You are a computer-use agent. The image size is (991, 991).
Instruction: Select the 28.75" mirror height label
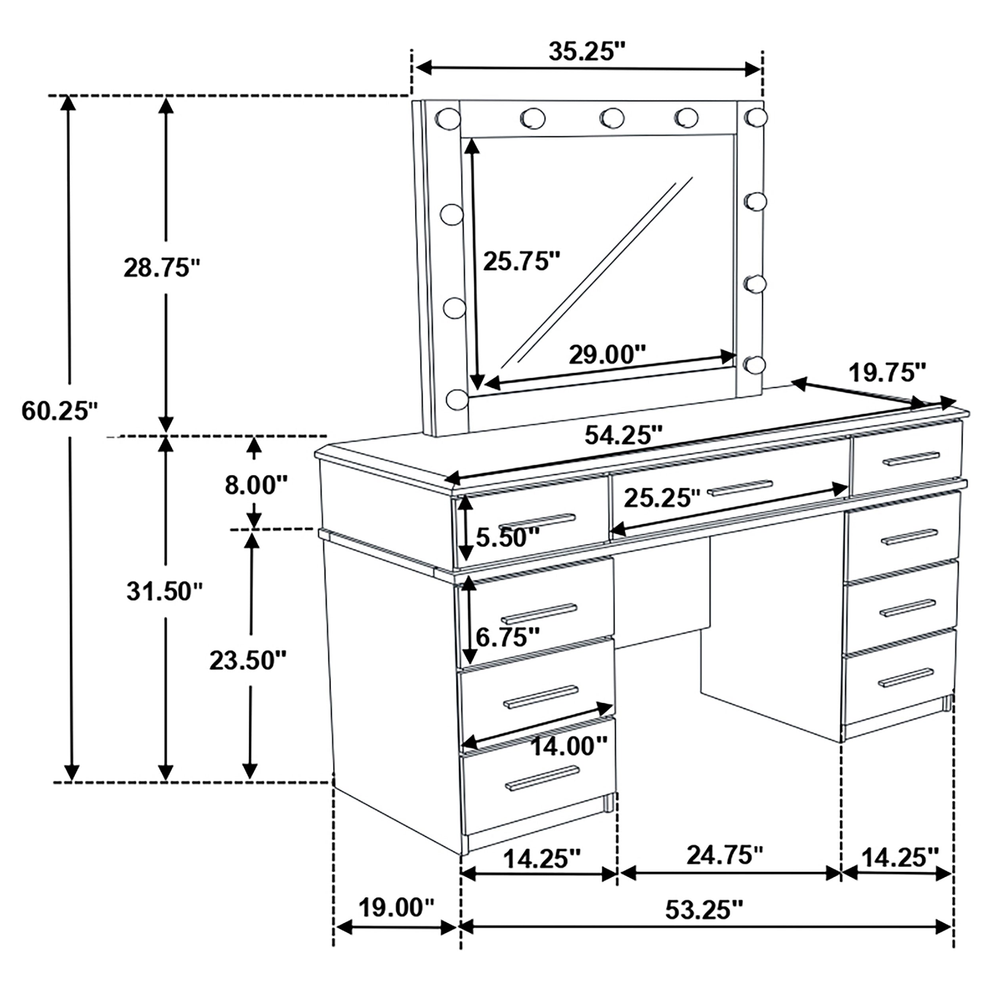162,268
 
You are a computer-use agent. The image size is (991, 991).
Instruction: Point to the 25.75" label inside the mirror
522,262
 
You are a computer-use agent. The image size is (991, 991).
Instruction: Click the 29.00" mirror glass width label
607,354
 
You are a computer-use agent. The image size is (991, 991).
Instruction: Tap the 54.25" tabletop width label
624,436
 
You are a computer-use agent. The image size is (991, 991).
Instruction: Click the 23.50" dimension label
248,661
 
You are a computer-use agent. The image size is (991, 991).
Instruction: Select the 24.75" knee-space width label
725,855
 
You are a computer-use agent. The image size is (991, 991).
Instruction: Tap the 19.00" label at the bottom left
396,907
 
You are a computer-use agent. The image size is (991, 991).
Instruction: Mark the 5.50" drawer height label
508,538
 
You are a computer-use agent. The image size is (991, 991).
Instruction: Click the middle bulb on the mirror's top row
611,118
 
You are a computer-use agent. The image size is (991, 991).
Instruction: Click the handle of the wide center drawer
740,488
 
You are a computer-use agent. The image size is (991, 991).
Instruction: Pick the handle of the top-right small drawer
911,459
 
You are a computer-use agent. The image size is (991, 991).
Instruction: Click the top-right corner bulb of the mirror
755,117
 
